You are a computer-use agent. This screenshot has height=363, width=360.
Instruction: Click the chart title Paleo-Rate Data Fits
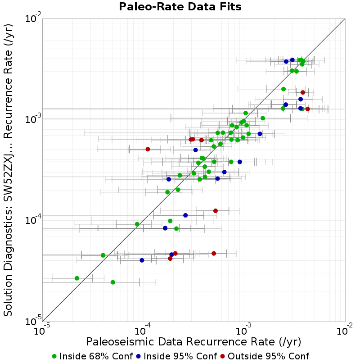(180, 7)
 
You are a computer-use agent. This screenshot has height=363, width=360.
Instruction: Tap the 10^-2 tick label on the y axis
(33, 18)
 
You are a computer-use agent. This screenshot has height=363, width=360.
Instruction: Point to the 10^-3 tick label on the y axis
(33, 119)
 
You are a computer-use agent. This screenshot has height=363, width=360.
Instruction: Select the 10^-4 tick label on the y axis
(33, 220)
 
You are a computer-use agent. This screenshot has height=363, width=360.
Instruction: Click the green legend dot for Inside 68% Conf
(54, 357)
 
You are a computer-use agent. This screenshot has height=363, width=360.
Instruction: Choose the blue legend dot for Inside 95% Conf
(139, 357)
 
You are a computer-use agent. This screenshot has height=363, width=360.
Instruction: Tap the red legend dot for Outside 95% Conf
(223, 357)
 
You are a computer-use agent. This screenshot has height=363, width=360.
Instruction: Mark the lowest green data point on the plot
(113, 282)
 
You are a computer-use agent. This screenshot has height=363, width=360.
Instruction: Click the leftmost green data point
(77, 278)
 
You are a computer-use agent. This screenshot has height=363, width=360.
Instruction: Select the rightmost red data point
(307, 109)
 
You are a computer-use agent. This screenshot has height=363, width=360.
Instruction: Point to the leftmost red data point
(148, 150)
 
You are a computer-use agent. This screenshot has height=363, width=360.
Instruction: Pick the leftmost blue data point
(142, 260)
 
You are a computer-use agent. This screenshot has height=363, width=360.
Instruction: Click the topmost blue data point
(292, 60)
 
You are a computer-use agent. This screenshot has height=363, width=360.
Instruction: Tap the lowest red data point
(170, 259)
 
